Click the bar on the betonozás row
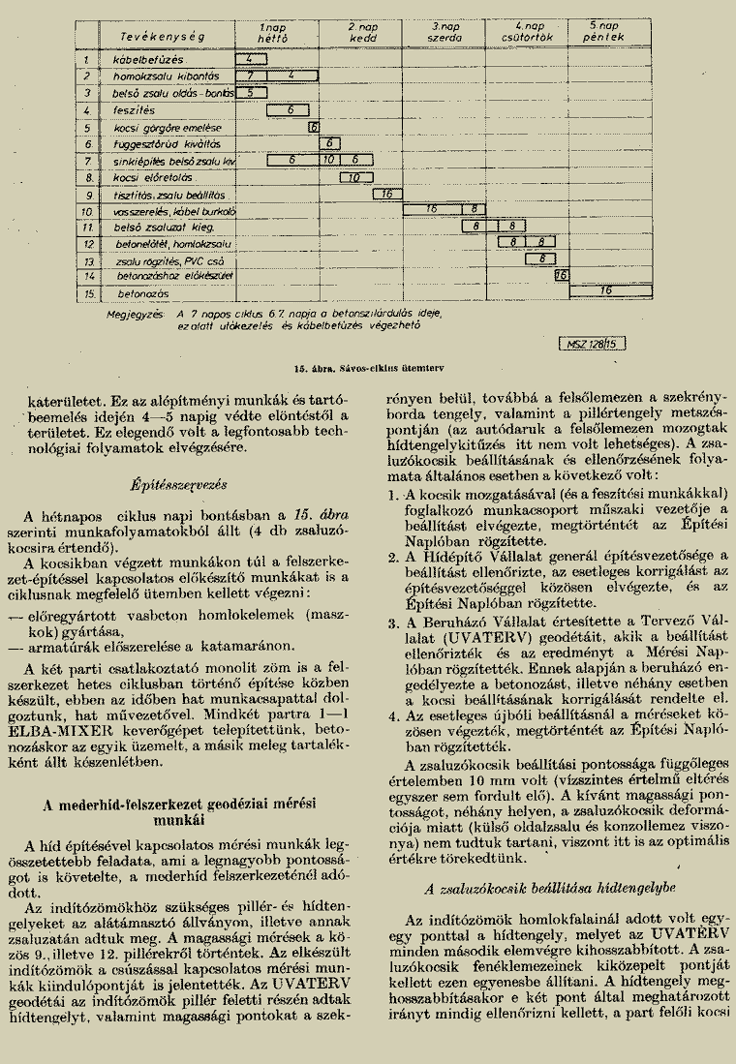609,290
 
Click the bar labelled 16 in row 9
386,193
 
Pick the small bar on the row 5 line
314,126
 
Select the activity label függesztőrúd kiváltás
155,143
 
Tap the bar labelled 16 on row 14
560,275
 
